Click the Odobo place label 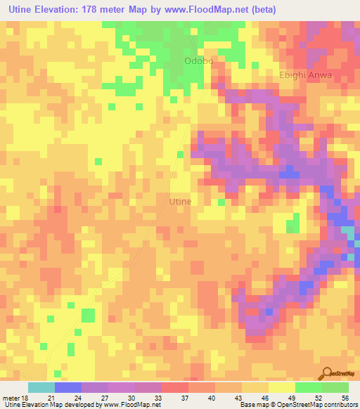[198, 61]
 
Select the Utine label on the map [181, 201]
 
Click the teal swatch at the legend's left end [41, 387]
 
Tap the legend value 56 [345, 398]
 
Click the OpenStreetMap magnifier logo [326, 374]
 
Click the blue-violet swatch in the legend [68, 387]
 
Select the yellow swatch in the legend [281, 387]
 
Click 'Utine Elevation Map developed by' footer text [50, 405]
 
